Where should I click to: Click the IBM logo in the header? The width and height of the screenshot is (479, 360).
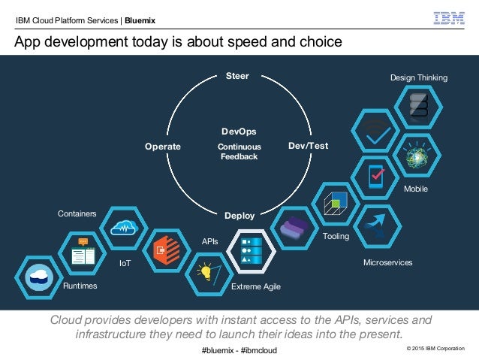[449, 17]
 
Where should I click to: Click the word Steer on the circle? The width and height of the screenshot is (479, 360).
[237, 76]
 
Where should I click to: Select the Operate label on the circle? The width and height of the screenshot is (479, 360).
[162, 147]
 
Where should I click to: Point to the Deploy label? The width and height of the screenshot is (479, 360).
[239, 215]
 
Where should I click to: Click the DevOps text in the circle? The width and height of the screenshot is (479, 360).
[239, 132]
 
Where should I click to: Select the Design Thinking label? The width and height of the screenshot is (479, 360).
[418, 77]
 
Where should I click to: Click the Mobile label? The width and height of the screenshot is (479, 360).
[415, 189]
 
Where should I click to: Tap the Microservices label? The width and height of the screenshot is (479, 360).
[387, 262]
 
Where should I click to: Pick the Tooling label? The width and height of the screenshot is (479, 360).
[336, 236]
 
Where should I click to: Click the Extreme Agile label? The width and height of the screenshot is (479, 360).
[256, 287]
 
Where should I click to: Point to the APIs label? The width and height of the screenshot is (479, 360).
[210, 242]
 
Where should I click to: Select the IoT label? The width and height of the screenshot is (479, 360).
[125, 264]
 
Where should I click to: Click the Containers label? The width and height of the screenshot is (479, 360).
[77, 213]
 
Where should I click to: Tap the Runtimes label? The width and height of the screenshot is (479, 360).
[80, 286]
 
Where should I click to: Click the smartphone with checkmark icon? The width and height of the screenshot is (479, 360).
[377, 174]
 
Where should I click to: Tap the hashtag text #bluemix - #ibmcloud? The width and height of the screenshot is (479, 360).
[239, 350]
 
